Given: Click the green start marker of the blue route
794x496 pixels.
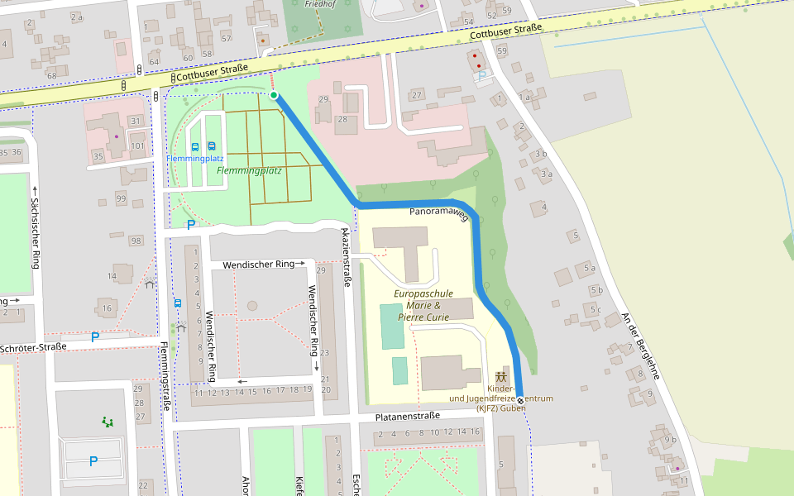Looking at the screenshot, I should click(x=274, y=95).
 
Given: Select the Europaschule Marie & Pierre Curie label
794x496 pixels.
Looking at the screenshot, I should click(x=423, y=305).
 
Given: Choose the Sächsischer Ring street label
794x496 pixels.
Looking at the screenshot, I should click(x=35, y=234).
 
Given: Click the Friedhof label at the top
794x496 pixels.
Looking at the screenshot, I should click(x=320, y=4).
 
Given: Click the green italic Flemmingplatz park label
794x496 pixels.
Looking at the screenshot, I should click(x=249, y=171).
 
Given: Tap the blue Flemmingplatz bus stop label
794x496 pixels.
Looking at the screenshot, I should click(x=195, y=158).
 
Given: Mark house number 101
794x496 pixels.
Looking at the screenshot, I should click(x=137, y=146).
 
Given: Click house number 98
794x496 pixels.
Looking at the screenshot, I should click(x=136, y=241).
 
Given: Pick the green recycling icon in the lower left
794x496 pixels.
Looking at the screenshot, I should click(x=107, y=422).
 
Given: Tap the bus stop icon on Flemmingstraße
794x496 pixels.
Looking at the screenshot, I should click(x=178, y=303).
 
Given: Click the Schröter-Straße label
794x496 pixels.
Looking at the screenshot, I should click(x=33, y=348).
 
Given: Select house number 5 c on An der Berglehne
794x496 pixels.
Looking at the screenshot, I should click(x=595, y=310).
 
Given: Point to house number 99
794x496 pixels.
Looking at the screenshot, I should click(x=122, y=198).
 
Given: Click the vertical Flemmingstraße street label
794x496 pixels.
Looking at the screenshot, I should click(x=166, y=377).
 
